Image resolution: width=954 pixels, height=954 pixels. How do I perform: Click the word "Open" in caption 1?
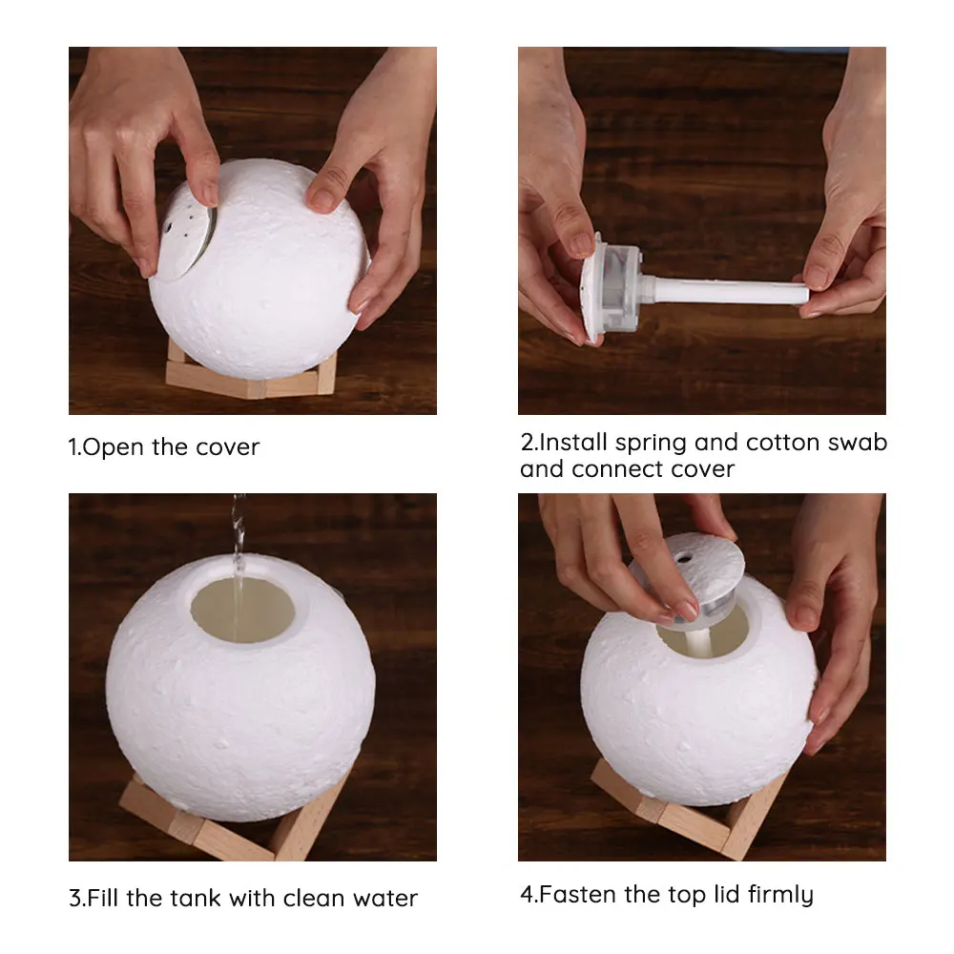pos(114,447)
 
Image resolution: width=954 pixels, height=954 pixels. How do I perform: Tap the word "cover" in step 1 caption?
pos(227,447)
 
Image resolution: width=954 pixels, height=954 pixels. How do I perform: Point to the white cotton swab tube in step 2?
pos(725,290)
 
